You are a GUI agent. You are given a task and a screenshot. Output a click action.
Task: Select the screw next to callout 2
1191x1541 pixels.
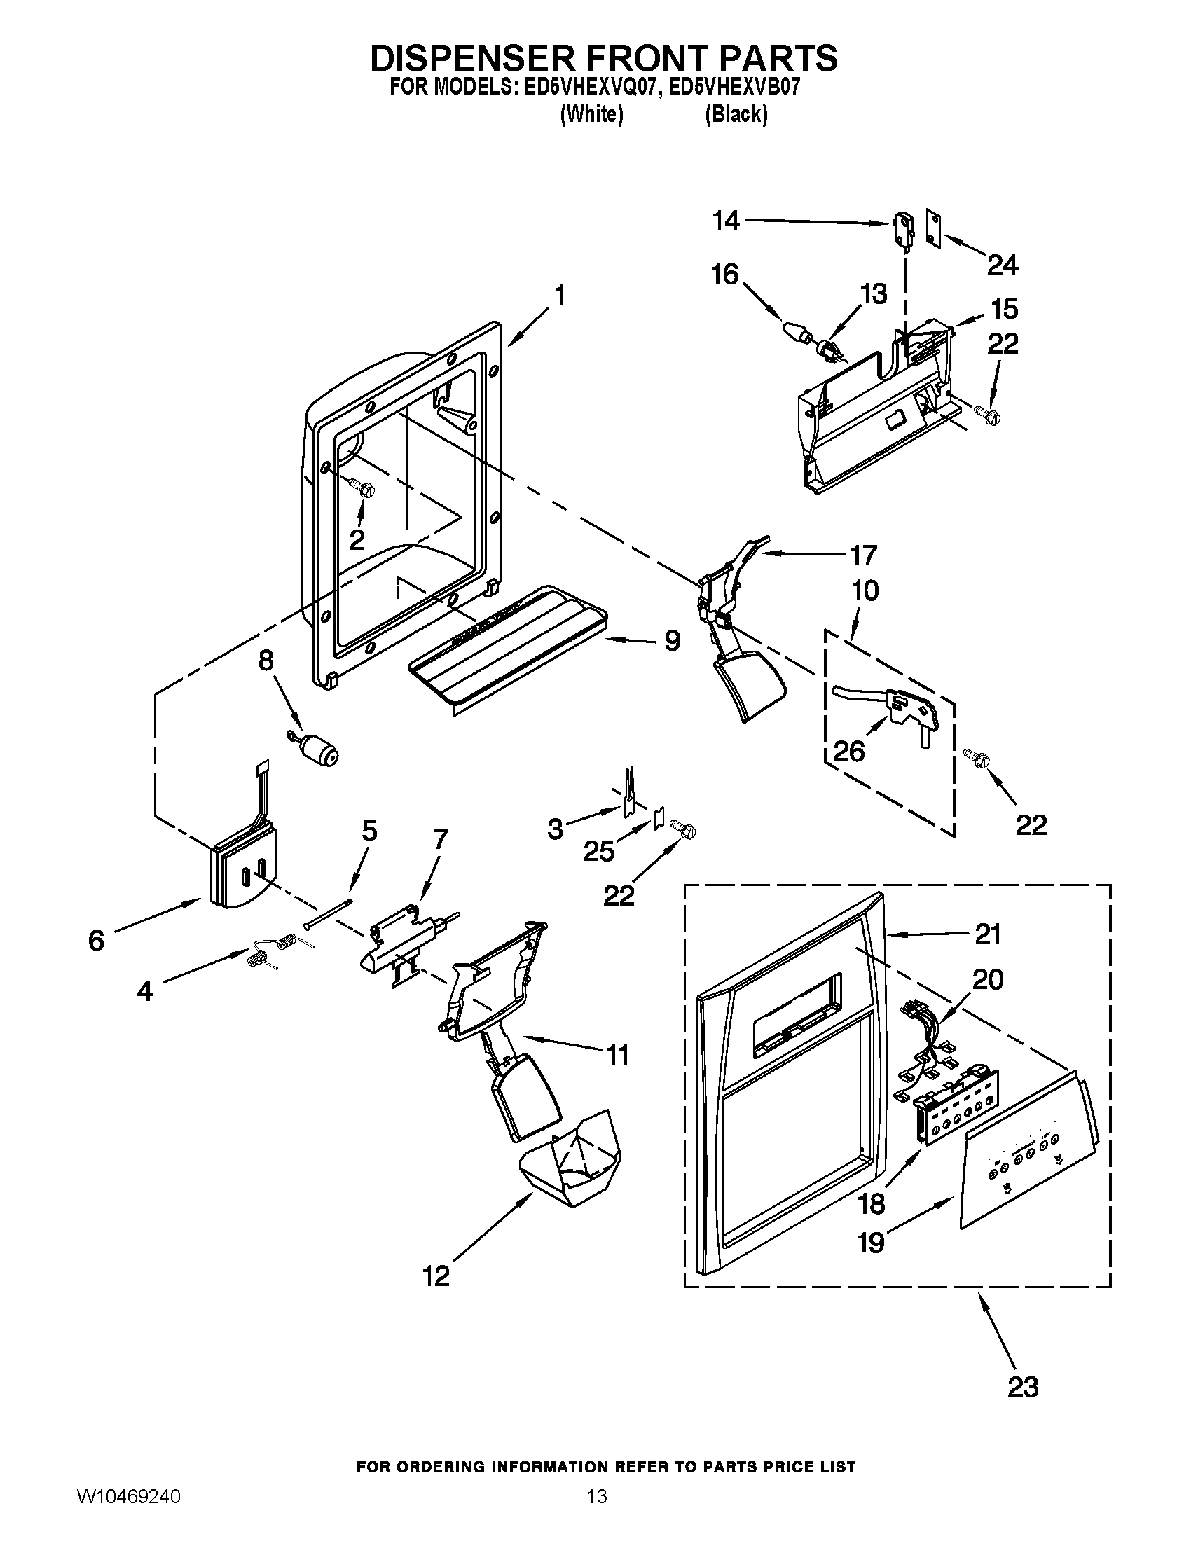coord(364,488)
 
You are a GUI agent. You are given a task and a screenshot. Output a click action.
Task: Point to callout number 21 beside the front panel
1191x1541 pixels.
coord(988,935)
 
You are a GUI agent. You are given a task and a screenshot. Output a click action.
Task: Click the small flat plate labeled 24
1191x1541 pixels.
coord(935,228)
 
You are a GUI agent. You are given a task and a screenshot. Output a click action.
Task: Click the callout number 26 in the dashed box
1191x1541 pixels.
coord(849,752)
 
